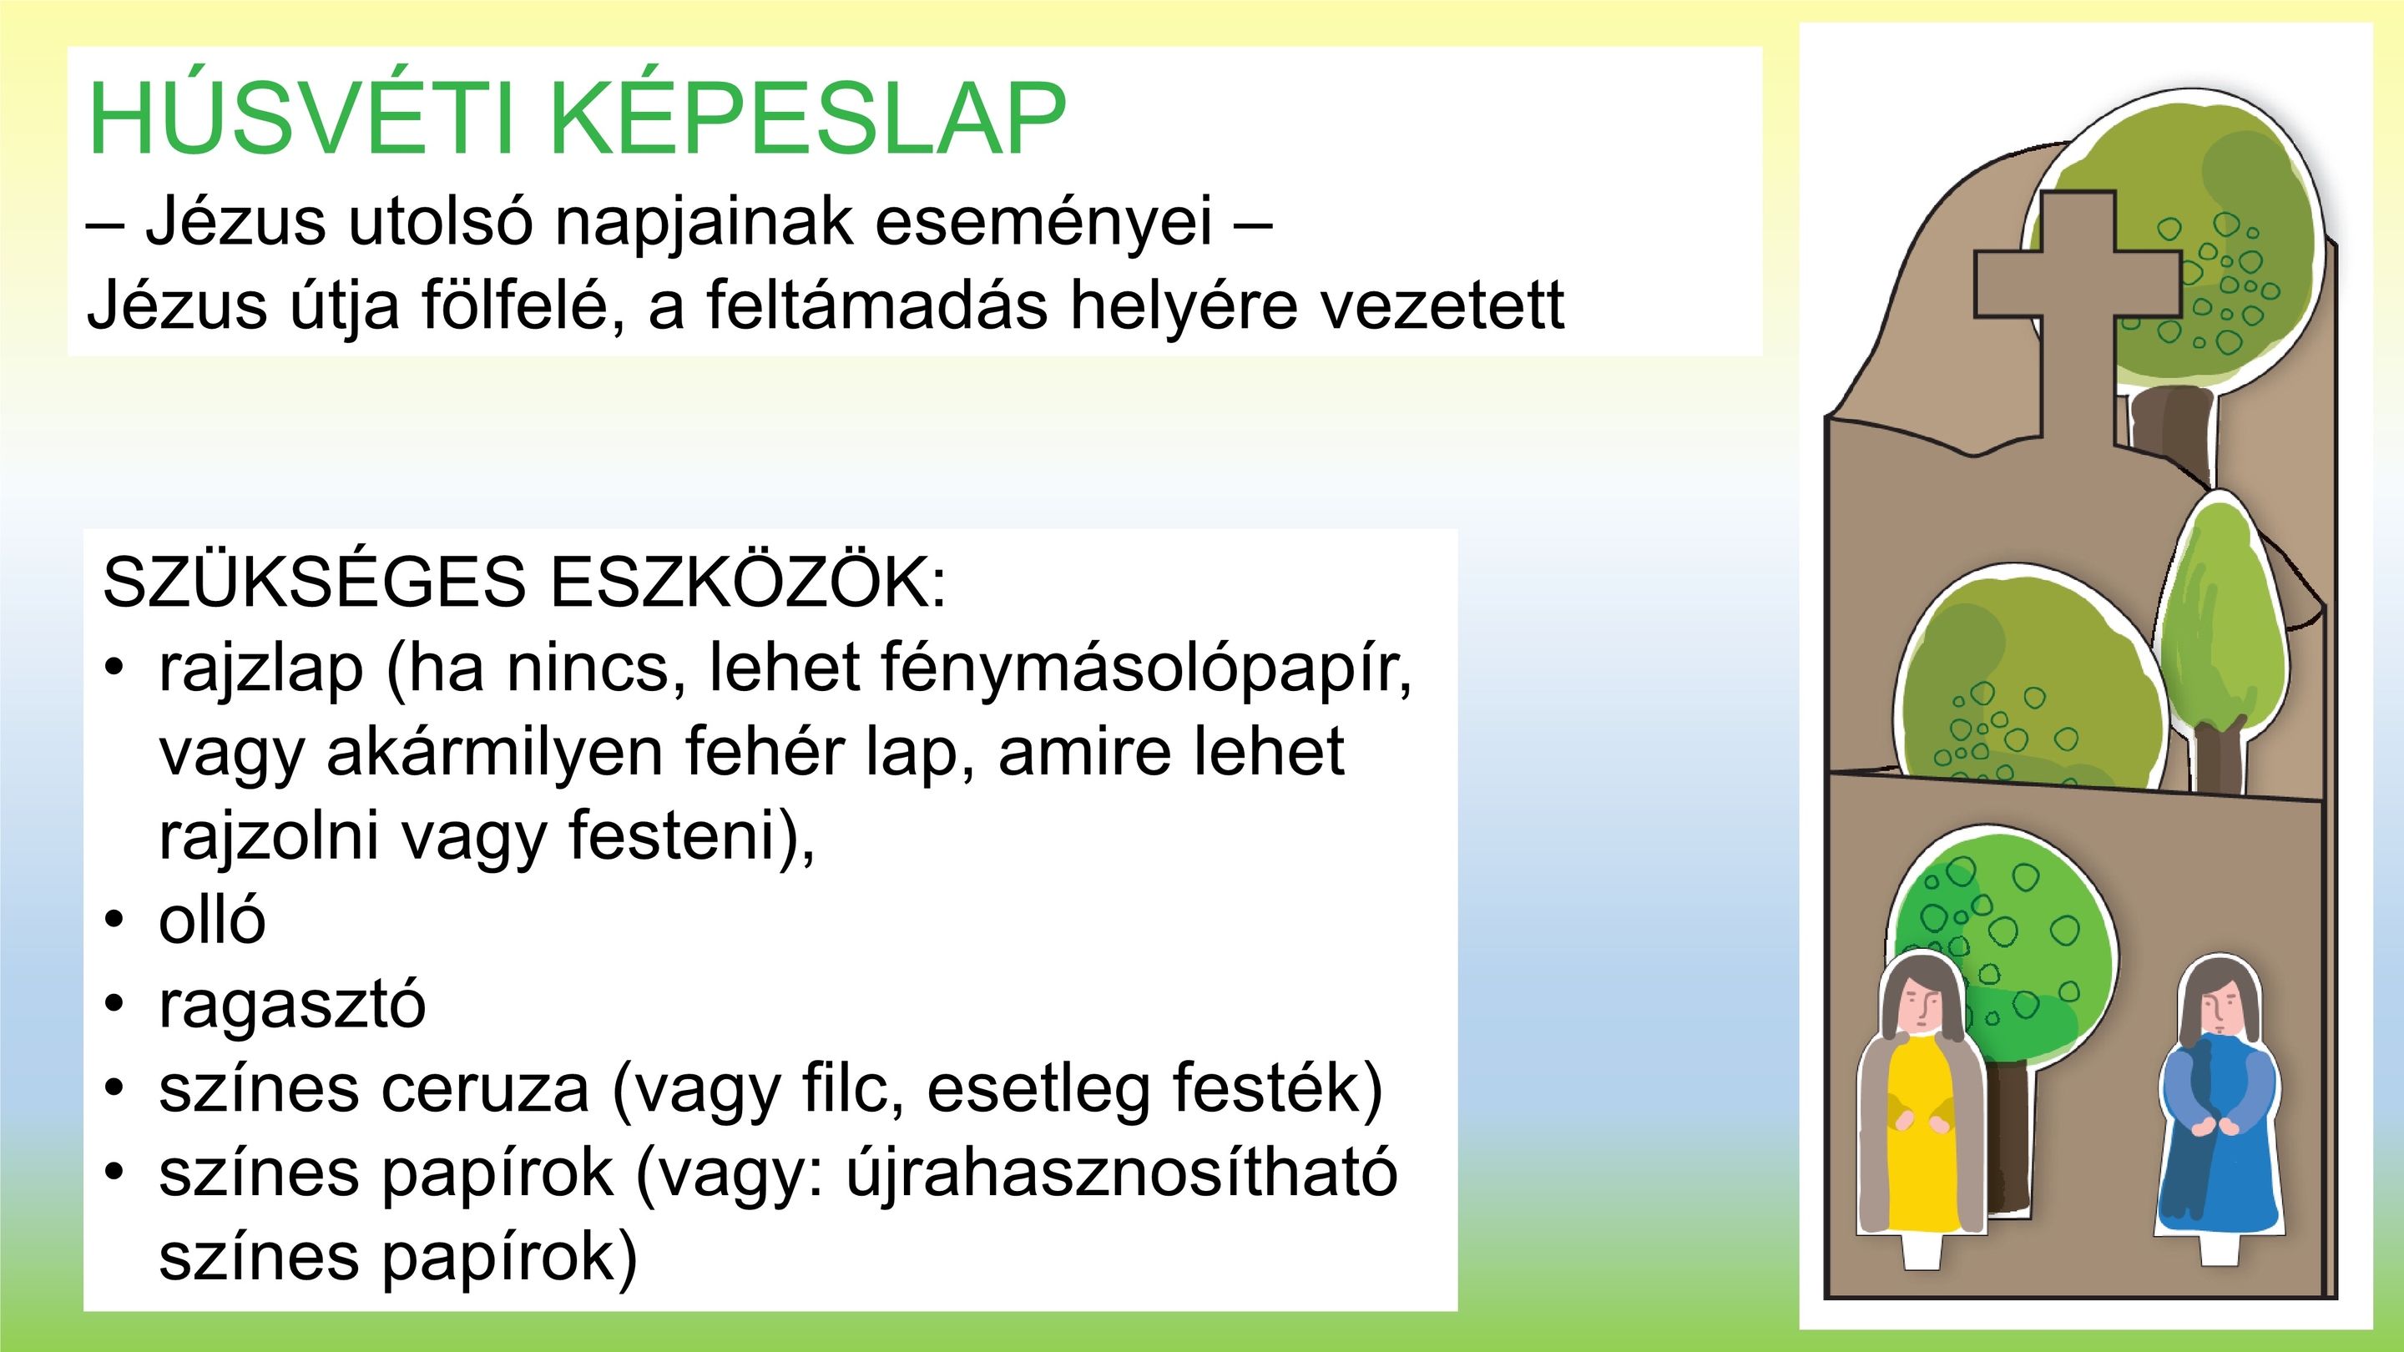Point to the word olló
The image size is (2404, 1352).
tap(213, 918)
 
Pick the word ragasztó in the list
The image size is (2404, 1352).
tap(292, 1006)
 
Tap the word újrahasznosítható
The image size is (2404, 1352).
tap(1122, 1173)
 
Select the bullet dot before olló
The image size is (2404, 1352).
tap(114, 920)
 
